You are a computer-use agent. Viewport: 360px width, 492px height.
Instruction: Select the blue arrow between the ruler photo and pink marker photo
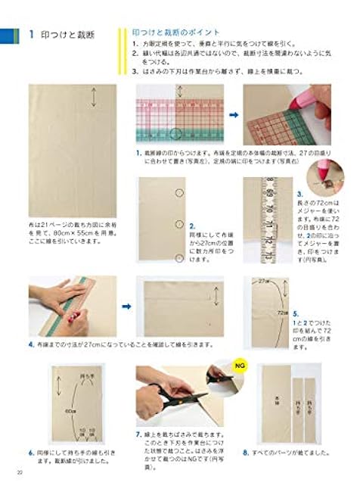pyautogui.click(x=233, y=115)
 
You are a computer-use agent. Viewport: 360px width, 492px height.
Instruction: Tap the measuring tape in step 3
pyautogui.click(x=268, y=220)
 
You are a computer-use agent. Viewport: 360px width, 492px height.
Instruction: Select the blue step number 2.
pyautogui.click(x=193, y=226)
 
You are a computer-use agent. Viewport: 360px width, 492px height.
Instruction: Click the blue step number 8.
pyautogui.click(x=246, y=452)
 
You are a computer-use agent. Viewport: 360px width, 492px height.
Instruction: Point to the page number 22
pyautogui.click(x=20, y=473)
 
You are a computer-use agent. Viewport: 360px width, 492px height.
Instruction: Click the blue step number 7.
pyautogui.click(x=138, y=435)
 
